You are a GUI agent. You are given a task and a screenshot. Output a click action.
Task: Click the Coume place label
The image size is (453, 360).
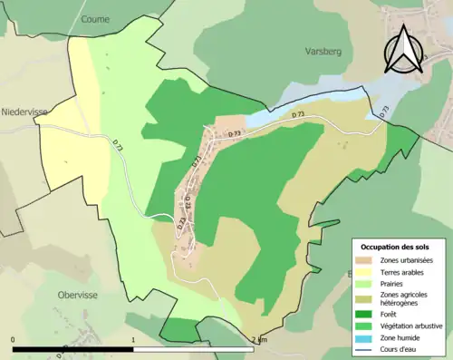[94, 18]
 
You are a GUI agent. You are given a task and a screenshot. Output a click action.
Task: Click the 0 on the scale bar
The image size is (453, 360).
[14, 340]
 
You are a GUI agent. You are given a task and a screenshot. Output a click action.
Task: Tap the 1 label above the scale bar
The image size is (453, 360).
[134, 340]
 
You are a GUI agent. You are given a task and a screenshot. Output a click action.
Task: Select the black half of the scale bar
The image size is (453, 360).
[73, 349]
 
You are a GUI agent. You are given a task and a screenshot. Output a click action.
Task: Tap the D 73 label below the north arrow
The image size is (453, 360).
[383, 111]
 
